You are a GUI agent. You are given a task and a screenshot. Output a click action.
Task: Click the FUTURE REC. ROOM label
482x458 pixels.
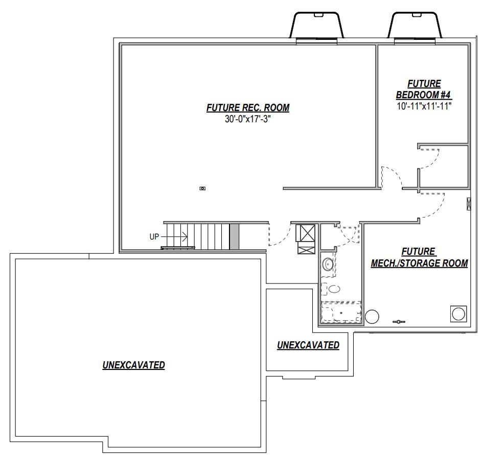click(x=248, y=108)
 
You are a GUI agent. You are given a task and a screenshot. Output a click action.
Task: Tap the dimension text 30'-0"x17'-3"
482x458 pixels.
click(x=248, y=119)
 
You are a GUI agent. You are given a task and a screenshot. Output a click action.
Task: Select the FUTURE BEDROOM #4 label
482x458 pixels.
click(x=424, y=89)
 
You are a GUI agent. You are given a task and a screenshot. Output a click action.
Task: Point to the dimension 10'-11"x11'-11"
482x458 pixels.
click(x=424, y=106)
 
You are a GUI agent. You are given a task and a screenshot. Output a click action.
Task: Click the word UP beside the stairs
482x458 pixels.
click(x=154, y=237)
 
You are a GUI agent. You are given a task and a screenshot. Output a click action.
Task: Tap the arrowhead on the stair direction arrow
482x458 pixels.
click(x=185, y=237)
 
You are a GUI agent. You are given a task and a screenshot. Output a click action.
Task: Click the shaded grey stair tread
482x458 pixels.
click(x=234, y=236)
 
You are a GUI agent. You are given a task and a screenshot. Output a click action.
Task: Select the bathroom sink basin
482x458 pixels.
click(x=327, y=264)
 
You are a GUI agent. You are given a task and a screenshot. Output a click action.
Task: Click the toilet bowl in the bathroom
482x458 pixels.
click(x=334, y=289)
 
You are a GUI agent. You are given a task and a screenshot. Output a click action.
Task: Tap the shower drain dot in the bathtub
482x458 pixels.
click(x=341, y=313)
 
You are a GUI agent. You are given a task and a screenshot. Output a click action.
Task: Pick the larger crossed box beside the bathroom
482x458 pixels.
click(x=306, y=233)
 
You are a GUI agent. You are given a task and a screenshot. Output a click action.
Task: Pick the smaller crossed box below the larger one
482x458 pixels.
click(x=307, y=248)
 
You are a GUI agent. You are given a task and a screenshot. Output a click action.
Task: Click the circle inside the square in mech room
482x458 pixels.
click(x=458, y=314)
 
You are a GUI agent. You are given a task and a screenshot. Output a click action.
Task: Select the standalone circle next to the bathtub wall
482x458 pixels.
click(x=372, y=316)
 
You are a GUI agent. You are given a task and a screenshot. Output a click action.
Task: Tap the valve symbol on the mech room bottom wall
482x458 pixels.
click(x=399, y=322)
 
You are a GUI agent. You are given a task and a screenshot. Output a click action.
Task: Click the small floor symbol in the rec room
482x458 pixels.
click(x=202, y=188)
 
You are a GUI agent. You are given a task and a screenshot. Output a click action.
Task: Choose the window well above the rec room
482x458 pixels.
click(x=316, y=26)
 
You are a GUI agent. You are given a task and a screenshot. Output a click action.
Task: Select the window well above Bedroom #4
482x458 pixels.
click(x=415, y=26)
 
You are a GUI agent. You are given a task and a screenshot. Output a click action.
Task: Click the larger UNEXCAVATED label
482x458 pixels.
click(x=134, y=365)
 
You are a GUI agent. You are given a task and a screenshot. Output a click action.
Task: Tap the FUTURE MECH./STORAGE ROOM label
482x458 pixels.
click(x=419, y=257)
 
